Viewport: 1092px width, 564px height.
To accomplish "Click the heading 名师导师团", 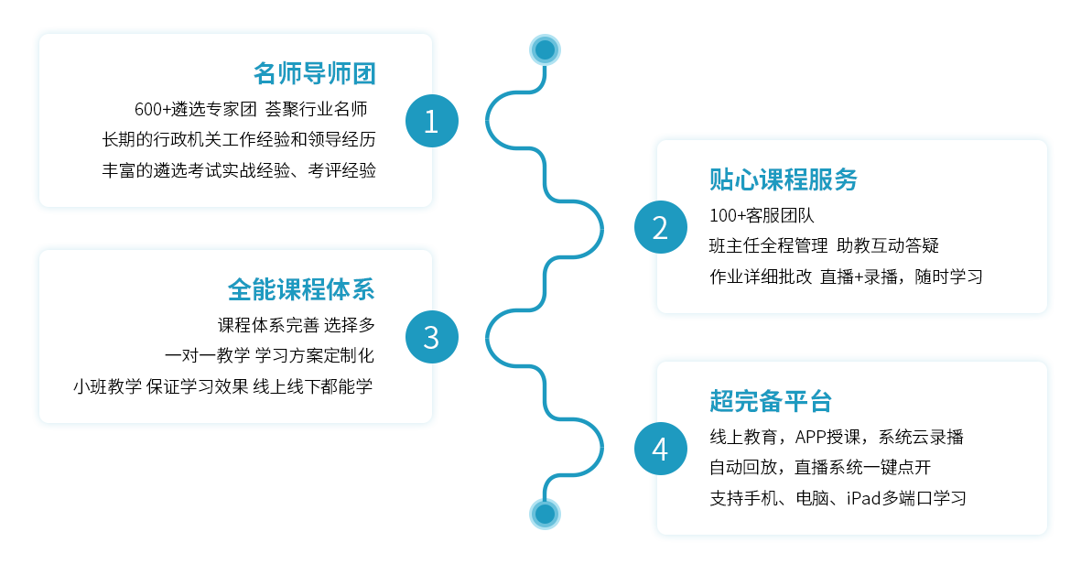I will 315,73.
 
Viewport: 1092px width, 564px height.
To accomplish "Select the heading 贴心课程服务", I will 783,179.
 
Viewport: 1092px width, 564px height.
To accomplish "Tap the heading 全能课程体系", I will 301,289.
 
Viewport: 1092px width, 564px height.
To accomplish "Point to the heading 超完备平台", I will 770,401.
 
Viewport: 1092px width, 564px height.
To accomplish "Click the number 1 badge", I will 431,121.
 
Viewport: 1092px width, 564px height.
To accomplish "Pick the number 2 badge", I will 660,227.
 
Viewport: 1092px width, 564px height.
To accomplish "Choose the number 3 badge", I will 431,337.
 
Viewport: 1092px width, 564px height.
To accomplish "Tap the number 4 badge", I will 660,449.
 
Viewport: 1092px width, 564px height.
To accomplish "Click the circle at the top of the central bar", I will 545,49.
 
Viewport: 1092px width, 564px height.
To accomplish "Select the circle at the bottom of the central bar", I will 545,514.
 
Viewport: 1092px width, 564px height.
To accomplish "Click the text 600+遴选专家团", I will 195,110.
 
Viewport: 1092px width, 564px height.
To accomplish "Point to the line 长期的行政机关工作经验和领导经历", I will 239,140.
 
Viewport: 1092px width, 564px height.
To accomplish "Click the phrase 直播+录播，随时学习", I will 902,277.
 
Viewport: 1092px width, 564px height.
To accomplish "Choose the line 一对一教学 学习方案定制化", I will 269,355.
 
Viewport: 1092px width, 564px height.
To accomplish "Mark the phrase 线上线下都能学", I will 313,386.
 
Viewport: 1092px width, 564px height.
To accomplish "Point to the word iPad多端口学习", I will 905,498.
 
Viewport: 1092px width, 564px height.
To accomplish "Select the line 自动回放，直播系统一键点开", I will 819,468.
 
